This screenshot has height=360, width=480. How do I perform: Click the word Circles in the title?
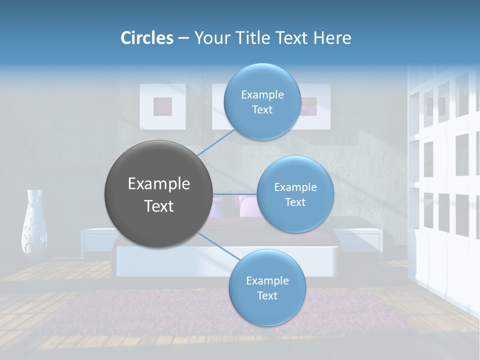(146, 38)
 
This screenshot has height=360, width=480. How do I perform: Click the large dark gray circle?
(158, 194)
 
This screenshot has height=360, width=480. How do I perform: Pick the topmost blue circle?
(262, 101)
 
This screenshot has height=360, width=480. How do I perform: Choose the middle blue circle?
(295, 194)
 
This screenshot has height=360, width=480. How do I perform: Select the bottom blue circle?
(267, 287)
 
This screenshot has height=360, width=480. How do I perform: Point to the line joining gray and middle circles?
(234, 193)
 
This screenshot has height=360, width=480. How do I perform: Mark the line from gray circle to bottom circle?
(218, 246)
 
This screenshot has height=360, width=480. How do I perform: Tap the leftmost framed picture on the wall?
(162, 106)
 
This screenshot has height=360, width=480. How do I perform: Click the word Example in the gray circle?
(158, 184)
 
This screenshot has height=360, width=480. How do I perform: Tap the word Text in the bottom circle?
(267, 295)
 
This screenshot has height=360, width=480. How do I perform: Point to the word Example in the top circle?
(262, 94)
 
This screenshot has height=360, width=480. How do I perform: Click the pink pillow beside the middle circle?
(247, 206)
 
